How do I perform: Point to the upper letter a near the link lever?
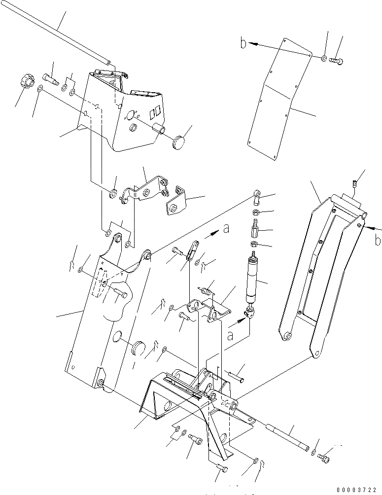[x=226, y=229]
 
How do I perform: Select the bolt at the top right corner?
[x=338, y=60]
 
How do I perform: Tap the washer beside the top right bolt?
[x=323, y=59]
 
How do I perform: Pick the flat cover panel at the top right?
[x=280, y=99]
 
